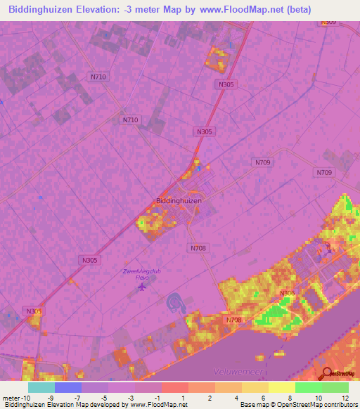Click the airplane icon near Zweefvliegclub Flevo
pos(143,286)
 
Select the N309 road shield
pos(328,22)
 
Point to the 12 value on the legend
pos(345,398)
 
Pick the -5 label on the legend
pos(103,398)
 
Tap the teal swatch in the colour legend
pos(41,387)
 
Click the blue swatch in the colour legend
pos(68,387)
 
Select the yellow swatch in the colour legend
pos(281,387)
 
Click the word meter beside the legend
pos(10,398)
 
